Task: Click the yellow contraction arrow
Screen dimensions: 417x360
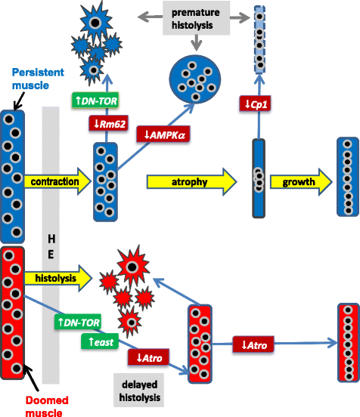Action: [x=56, y=182]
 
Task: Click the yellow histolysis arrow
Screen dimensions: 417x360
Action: [x=56, y=279]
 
